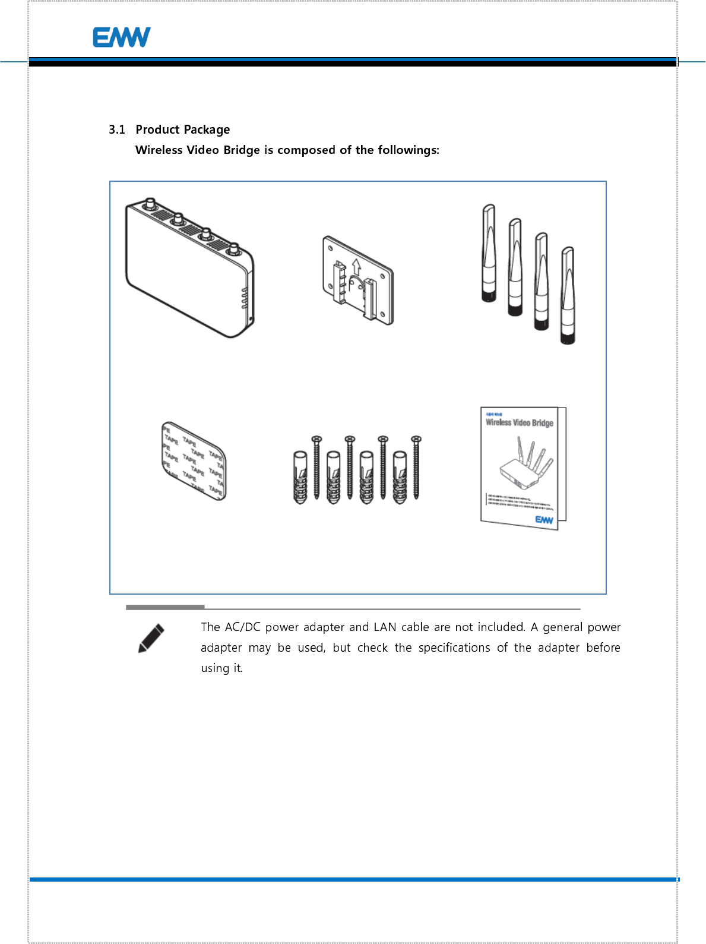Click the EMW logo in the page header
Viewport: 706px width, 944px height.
point(121,37)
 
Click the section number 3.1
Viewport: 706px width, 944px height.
point(117,130)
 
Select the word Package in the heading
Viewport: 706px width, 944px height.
point(206,130)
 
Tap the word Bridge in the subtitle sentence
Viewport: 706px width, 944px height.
point(242,150)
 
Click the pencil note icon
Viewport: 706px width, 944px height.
point(151,638)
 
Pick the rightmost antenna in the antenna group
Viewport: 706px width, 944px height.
point(568,295)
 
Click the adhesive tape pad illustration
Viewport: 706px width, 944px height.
point(194,461)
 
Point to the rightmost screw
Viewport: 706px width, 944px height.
point(416,467)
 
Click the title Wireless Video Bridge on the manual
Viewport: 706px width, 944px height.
point(519,422)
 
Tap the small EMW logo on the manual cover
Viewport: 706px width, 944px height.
point(544,520)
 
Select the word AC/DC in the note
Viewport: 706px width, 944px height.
point(242,627)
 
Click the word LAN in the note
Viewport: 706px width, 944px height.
point(385,627)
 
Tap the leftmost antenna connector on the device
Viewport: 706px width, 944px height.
point(150,204)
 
